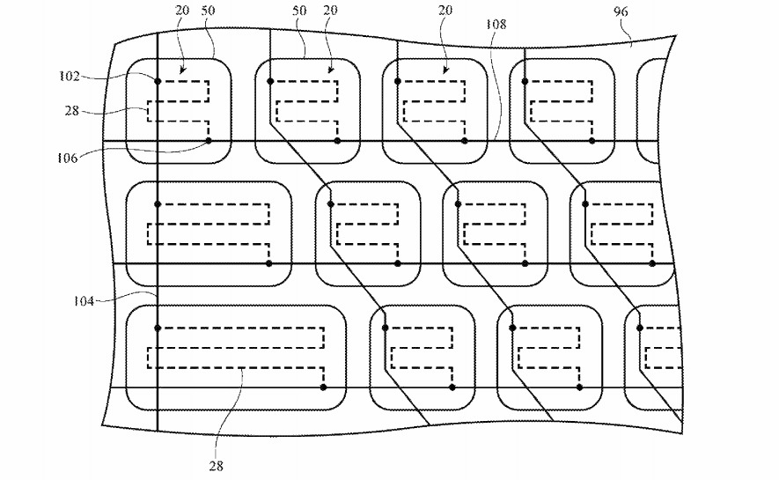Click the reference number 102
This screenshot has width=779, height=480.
69,76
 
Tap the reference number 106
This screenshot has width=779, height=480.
67,159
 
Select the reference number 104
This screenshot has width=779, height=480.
84,300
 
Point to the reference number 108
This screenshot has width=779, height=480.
496,24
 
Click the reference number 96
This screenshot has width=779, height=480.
621,11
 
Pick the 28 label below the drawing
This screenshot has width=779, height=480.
217,466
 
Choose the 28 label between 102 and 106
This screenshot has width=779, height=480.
71,110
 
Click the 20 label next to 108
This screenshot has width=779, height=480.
445,10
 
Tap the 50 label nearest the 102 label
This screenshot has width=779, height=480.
209,10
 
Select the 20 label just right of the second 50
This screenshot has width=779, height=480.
330,10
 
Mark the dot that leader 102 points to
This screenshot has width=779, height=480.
158,81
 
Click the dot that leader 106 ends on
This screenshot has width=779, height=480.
209,141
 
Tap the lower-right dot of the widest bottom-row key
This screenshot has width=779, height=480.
323,387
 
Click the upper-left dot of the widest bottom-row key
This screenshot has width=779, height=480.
158,328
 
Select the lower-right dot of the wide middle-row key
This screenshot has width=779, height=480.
269,263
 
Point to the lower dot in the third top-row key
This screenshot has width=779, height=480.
465,141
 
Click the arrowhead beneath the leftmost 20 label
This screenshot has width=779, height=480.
181,71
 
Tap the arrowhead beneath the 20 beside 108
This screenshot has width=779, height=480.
445,71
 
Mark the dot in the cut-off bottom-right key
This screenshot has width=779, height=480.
640,328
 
